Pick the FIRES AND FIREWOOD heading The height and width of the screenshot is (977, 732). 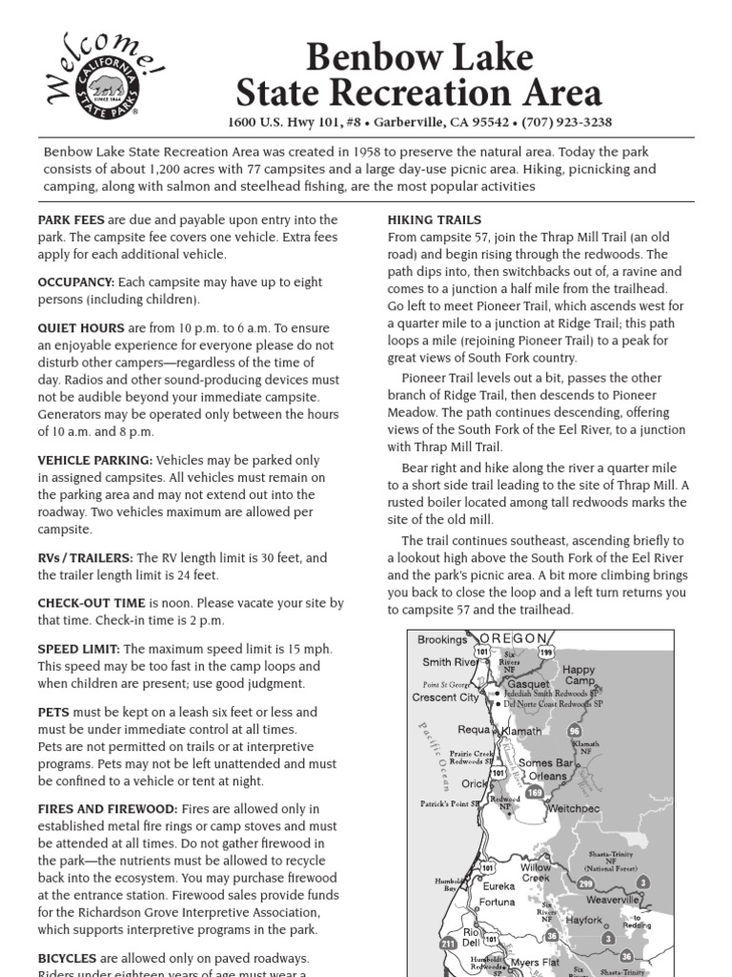(x=108, y=808)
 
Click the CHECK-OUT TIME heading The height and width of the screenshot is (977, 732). (x=91, y=604)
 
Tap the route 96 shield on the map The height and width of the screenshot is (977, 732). (x=574, y=731)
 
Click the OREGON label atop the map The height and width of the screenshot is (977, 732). (x=514, y=637)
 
